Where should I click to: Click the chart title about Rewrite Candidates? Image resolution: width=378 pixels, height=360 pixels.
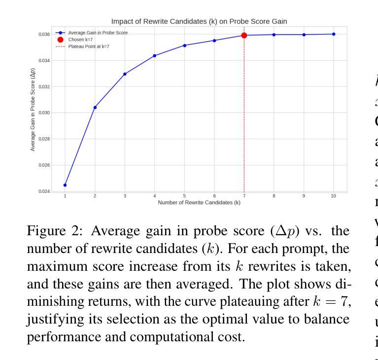click(199, 21)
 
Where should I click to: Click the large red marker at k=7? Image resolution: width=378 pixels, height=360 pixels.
click(244, 36)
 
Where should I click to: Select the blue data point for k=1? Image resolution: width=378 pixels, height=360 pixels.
click(65, 185)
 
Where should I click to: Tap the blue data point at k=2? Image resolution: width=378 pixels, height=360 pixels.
click(95, 107)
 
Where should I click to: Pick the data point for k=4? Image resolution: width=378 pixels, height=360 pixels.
click(155, 56)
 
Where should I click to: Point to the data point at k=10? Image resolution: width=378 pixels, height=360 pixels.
click(334, 34)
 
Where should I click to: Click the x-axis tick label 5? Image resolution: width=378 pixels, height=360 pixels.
click(184, 196)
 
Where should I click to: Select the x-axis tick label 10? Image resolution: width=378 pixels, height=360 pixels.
click(334, 196)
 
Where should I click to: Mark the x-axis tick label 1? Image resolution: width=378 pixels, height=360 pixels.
click(65, 196)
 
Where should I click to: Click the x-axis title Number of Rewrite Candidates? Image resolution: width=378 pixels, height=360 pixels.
click(199, 203)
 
